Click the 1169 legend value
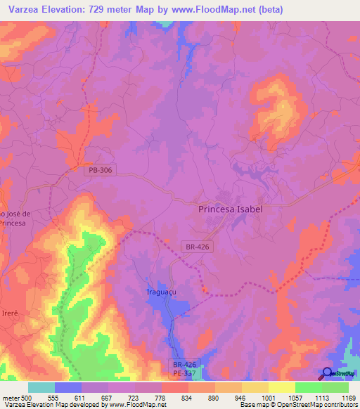[x=340, y=397]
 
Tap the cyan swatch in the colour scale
[x=41, y=387]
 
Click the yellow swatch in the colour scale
[x=282, y=387]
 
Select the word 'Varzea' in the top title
[x=25, y=9]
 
